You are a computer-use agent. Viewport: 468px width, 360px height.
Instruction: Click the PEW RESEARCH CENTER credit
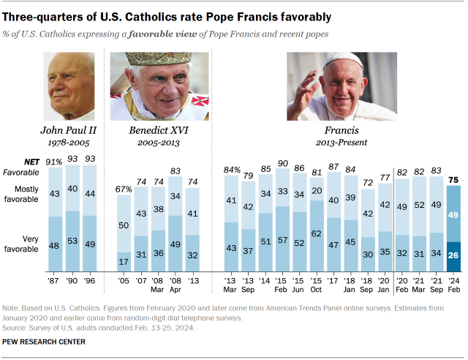point(44,342)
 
